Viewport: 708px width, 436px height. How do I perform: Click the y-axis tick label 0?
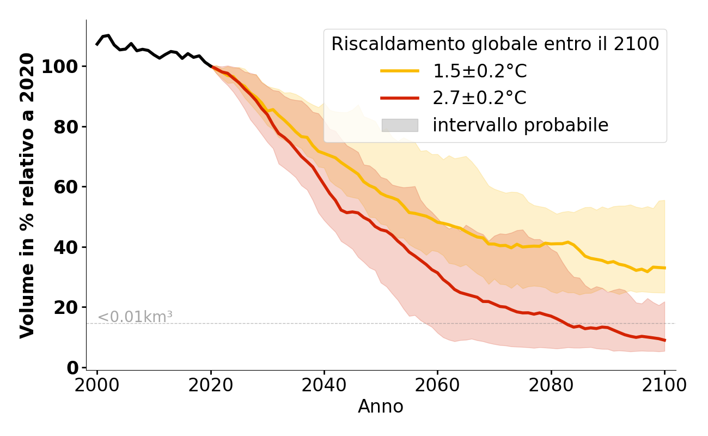(x=74, y=368)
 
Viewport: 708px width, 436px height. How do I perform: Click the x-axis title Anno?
(x=381, y=407)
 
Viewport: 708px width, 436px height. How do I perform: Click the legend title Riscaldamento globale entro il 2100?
(x=495, y=44)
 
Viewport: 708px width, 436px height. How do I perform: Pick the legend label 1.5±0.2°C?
(x=480, y=71)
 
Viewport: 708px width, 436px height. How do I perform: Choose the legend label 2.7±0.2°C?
(x=480, y=98)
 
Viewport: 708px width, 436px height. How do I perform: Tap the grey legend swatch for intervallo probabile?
(x=400, y=125)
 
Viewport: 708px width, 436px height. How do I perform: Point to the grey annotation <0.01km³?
(x=135, y=317)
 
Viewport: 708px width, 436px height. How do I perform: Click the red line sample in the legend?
(x=400, y=98)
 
